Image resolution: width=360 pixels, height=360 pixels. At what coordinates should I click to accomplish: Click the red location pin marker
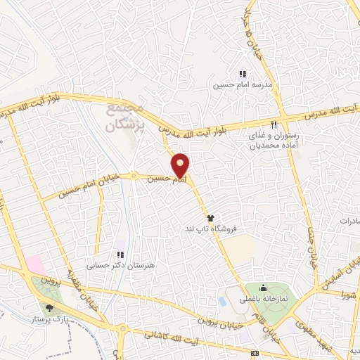click(x=181, y=165)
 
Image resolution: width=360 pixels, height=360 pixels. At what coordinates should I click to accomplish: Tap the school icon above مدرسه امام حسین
click(x=243, y=74)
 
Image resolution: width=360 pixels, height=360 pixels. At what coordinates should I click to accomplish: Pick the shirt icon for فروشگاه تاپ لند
click(x=209, y=218)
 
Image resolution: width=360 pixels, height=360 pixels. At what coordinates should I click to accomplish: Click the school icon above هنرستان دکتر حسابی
click(x=120, y=254)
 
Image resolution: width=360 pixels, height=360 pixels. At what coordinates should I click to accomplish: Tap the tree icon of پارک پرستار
click(x=49, y=308)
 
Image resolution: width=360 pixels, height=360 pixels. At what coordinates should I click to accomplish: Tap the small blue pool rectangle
click(x=222, y=301)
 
